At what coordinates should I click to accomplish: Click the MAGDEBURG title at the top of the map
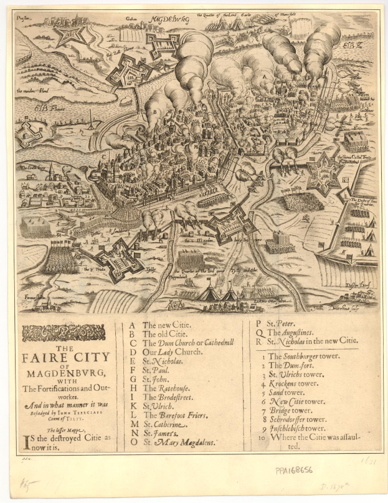click(169, 19)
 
